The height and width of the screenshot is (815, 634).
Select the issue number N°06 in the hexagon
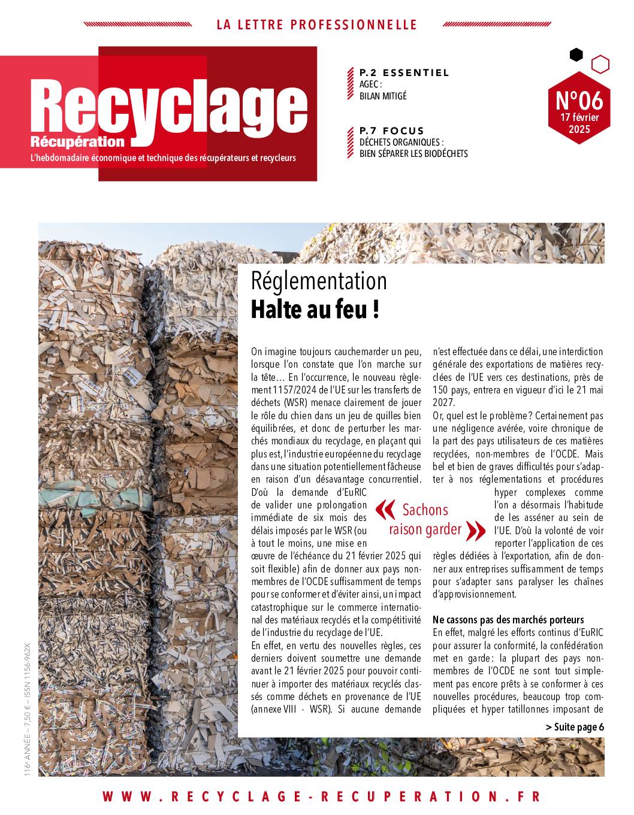coord(579,98)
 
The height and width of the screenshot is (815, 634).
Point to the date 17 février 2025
coord(579,123)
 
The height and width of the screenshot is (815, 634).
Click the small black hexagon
coord(576,55)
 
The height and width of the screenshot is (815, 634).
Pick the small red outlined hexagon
coord(600,64)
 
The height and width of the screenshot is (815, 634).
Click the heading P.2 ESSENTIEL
coord(404,73)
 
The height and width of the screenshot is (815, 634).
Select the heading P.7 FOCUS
coord(391,131)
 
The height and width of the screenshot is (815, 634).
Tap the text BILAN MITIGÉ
coord(383,96)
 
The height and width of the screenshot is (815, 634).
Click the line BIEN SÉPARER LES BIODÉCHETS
coord(413,153)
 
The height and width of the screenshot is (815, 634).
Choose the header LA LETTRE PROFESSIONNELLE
coord(316,25)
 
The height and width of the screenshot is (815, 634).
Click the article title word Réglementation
coord(319,281)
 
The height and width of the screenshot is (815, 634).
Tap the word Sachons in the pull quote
coord(425,510)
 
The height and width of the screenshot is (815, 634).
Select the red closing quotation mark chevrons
coord(475,530)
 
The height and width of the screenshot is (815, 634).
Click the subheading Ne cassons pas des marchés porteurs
coord(508,619)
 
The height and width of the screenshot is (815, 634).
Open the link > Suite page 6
coord(575,727)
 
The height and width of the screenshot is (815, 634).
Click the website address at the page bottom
coord(321,796)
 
